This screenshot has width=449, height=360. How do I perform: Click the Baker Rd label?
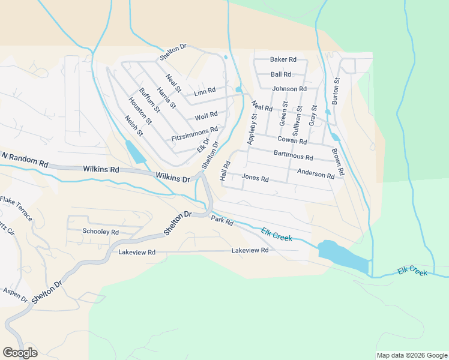coord(283,59)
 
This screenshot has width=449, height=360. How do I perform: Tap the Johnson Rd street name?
coord(289,89)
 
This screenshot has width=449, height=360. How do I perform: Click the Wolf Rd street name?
coord(205,115)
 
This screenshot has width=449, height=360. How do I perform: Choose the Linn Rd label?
coord(205,91)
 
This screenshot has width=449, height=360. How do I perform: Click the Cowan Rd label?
coord(292,141)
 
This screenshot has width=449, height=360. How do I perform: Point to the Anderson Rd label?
coord(315,175)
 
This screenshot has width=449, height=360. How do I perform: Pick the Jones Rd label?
coord(255,178)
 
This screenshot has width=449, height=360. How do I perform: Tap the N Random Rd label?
coord(24,159)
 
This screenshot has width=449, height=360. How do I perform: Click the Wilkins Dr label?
coord(172,178)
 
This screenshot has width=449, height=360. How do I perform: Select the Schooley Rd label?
coord(100,232)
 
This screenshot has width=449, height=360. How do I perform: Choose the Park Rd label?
coord(221,221)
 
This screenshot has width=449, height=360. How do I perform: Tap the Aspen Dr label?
coord(15,294)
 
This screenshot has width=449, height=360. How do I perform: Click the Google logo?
coord(20,352)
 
